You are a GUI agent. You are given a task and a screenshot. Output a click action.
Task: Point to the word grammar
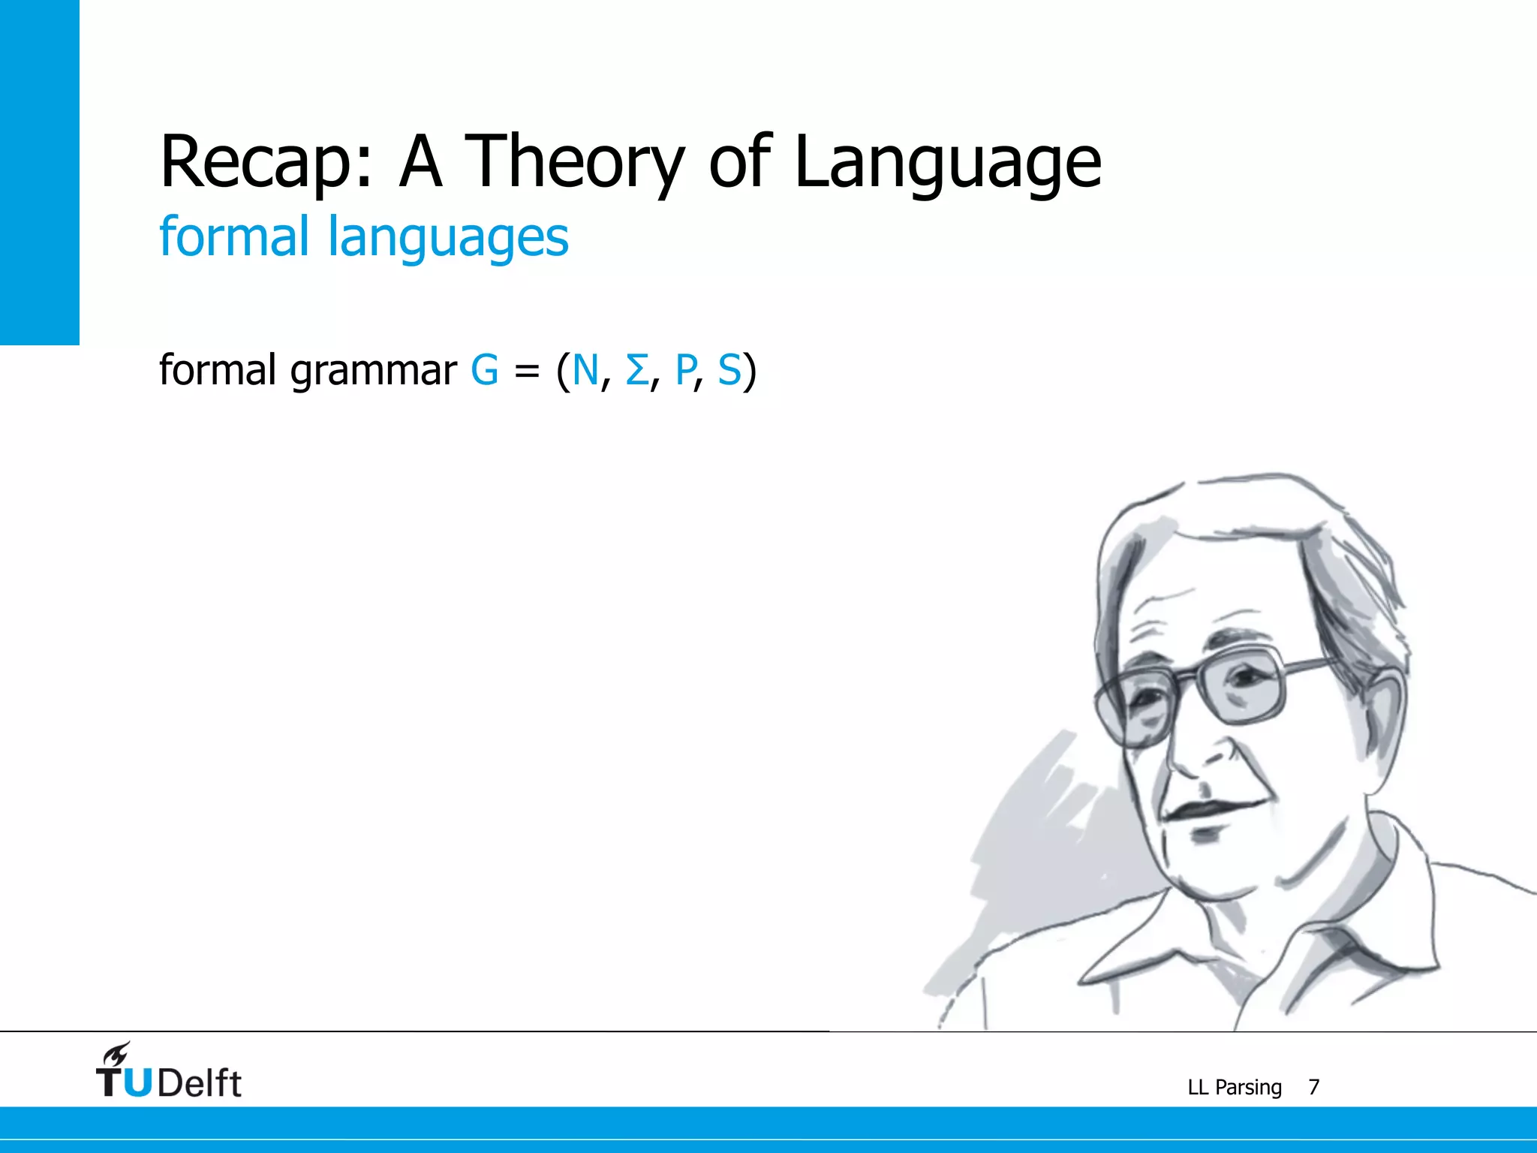tap(373, 371)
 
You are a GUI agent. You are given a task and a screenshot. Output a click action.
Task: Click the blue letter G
tap(484, 370)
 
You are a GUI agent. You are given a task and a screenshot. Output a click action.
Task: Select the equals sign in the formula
tap(527, 372)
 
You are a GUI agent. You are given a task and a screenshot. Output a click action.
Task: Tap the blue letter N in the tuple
tap(585, 370)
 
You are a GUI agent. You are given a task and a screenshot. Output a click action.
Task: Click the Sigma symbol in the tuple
tap(636, 370)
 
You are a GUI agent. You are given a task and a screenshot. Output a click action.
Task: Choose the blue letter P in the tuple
tap(685, 370)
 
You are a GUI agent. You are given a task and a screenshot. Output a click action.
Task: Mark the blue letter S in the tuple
tap(729, 370)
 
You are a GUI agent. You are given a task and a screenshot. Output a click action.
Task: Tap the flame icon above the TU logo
tap(117, 1053)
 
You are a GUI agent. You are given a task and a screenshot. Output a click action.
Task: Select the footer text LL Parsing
tap(1234, 1087)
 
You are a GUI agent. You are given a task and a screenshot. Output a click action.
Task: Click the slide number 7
tap(1313, 1087)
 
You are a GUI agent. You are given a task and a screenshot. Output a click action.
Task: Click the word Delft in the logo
tap(200, 1082)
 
